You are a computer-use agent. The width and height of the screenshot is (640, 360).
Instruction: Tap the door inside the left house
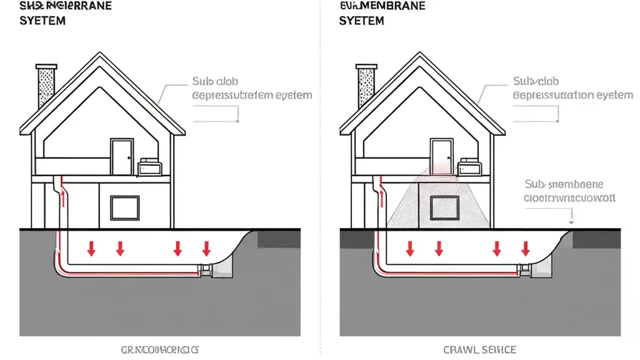tap(122, 157)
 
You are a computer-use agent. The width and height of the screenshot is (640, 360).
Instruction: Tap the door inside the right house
tap(441, 157)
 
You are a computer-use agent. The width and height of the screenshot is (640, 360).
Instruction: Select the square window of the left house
tap(124, 208)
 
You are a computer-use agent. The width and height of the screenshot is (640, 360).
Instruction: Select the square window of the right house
tap(444, 208)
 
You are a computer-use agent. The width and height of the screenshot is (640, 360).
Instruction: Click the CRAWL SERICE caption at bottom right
tap(479, 350)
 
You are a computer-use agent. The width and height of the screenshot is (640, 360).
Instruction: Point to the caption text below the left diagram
tap(160, 350)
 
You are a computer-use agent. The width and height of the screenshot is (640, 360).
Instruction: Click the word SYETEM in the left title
tap(42, 21)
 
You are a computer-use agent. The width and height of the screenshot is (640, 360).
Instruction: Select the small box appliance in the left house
tap(149, 167)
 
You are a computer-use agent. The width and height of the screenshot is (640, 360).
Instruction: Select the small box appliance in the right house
tap(469, 167)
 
